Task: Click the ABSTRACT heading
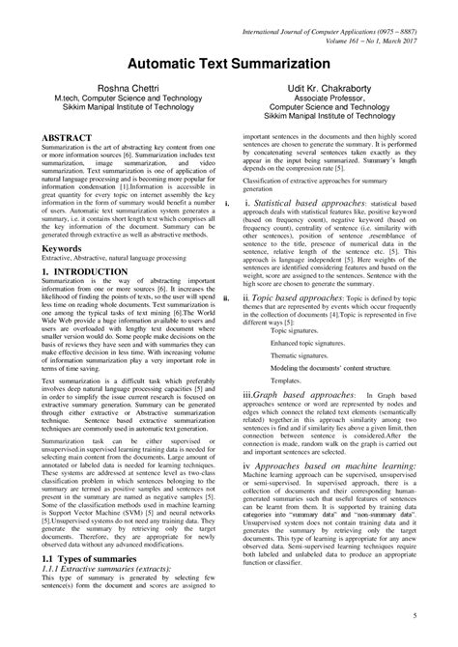coord(67,139)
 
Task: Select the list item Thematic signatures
coord(298,356)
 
